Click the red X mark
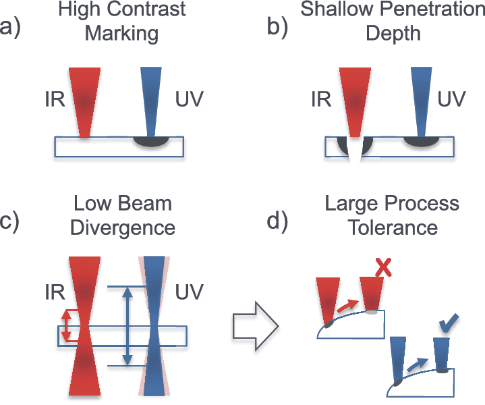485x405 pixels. point(384,268)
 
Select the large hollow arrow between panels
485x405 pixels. point(256,327)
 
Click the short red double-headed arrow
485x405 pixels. point(65,325)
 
